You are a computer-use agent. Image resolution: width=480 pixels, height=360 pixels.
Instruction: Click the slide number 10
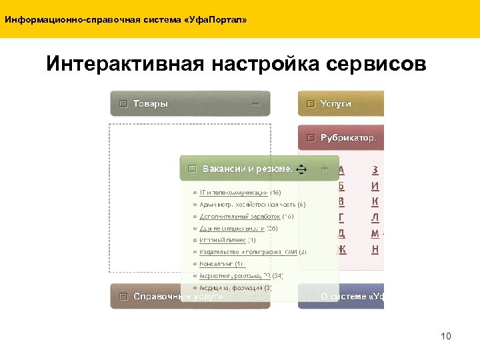(446, 336)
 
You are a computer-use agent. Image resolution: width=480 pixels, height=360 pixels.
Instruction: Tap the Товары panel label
(151, 104)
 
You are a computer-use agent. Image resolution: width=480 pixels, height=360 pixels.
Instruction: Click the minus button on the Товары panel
(255, 103)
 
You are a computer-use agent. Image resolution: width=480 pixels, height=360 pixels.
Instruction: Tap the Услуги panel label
(337, 104)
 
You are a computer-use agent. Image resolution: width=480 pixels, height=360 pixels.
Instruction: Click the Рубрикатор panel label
(348, 139)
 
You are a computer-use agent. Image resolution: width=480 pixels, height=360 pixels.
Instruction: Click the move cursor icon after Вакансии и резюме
(300, 169)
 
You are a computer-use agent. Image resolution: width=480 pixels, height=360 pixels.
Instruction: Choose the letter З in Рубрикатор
(375, 170)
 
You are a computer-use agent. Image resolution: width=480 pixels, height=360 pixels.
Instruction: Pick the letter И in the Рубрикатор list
(375, 186)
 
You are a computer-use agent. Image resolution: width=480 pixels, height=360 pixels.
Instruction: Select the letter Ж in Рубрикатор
(342, 249)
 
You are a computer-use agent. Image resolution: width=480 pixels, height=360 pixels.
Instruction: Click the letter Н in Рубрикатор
(375, 249)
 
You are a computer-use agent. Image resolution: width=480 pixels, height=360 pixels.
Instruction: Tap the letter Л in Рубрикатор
(375, 217)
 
